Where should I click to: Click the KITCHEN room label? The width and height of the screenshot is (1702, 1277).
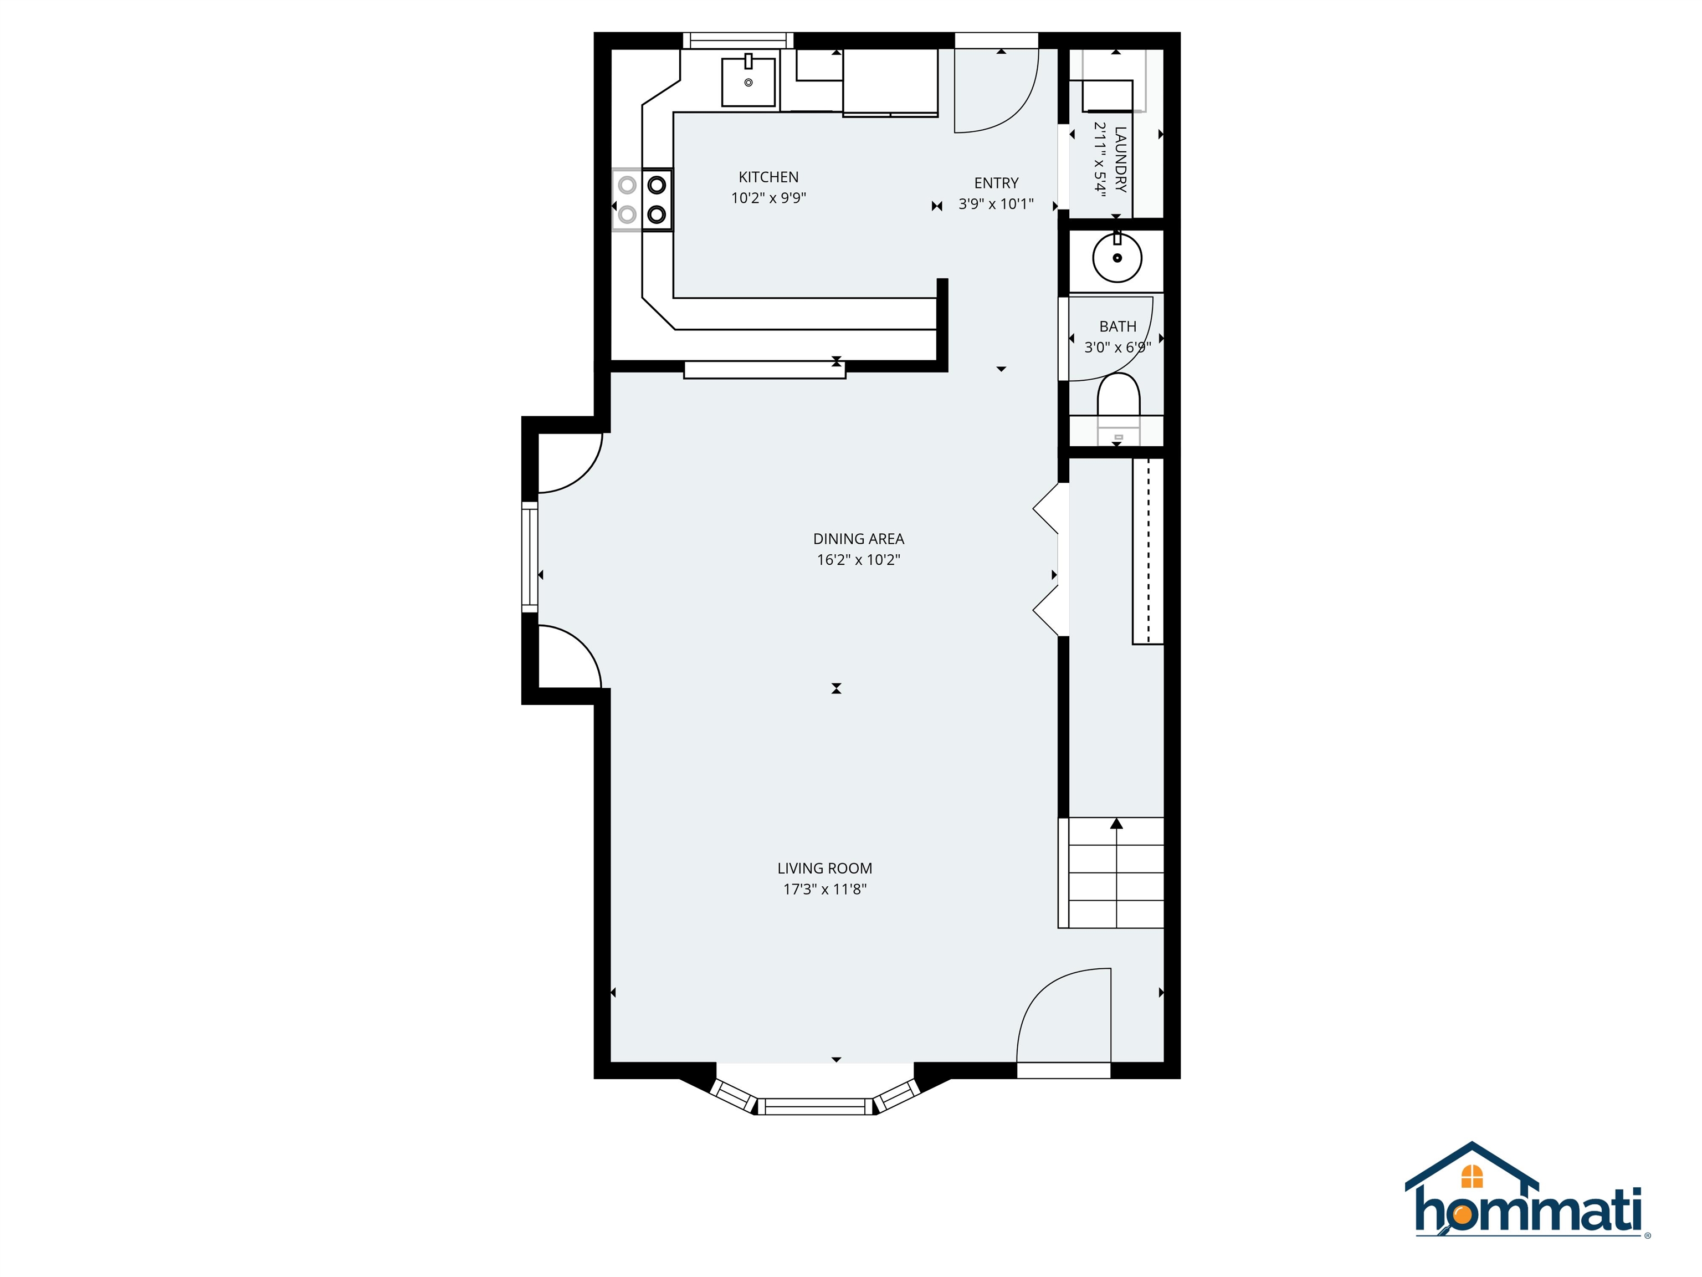point(768,177)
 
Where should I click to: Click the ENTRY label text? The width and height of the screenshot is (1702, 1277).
point(996,183)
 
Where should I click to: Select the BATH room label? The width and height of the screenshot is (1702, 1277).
point(1117,326)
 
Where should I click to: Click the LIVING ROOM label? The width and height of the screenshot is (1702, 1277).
point(824,869)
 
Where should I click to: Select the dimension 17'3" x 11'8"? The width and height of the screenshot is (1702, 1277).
point(824,889)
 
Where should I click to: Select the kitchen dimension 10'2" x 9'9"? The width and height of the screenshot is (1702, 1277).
point(768,198)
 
